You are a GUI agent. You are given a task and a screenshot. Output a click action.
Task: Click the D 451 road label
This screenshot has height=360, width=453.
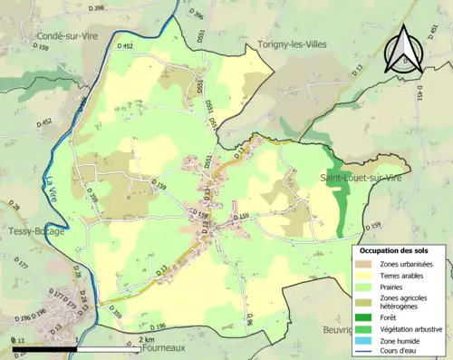419,94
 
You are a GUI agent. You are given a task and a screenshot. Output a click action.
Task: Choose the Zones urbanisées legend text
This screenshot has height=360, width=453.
407,264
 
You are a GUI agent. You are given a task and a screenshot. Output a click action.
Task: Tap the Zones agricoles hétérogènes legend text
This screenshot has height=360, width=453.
407,302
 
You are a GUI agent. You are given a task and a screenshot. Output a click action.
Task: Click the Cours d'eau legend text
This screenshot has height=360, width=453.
402,353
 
